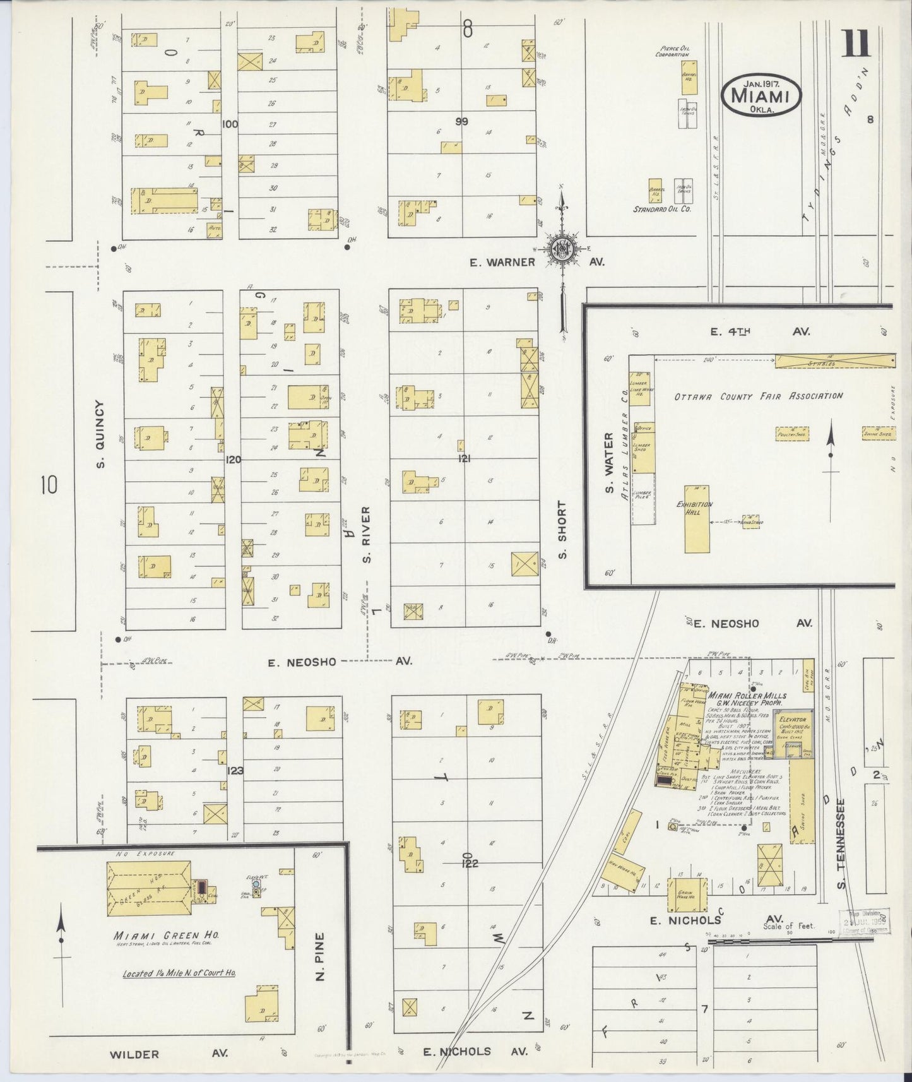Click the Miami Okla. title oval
[x=761, y=95]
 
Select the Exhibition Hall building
[x=696, y=519]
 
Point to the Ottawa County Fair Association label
[x=758, y=396]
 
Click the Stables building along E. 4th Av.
[x=834, y=360]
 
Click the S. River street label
[x=366, y=534]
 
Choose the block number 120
[x=233, y=460]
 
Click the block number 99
[x=462, y=121]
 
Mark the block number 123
[x=235, y=770]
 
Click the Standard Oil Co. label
[x=662, y=208]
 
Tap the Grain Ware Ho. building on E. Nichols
[x=687, y=894]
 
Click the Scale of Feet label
[x=788, y=926]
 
